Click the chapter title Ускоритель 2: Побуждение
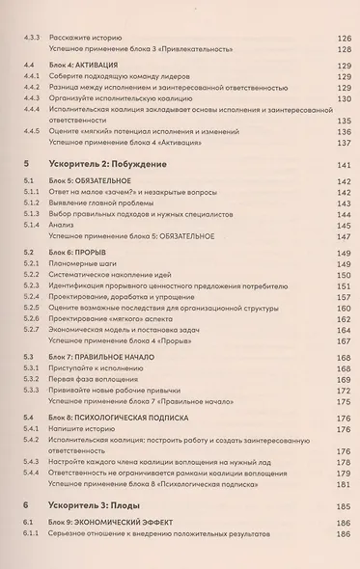pyautogui.click(x=108, y=165)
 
